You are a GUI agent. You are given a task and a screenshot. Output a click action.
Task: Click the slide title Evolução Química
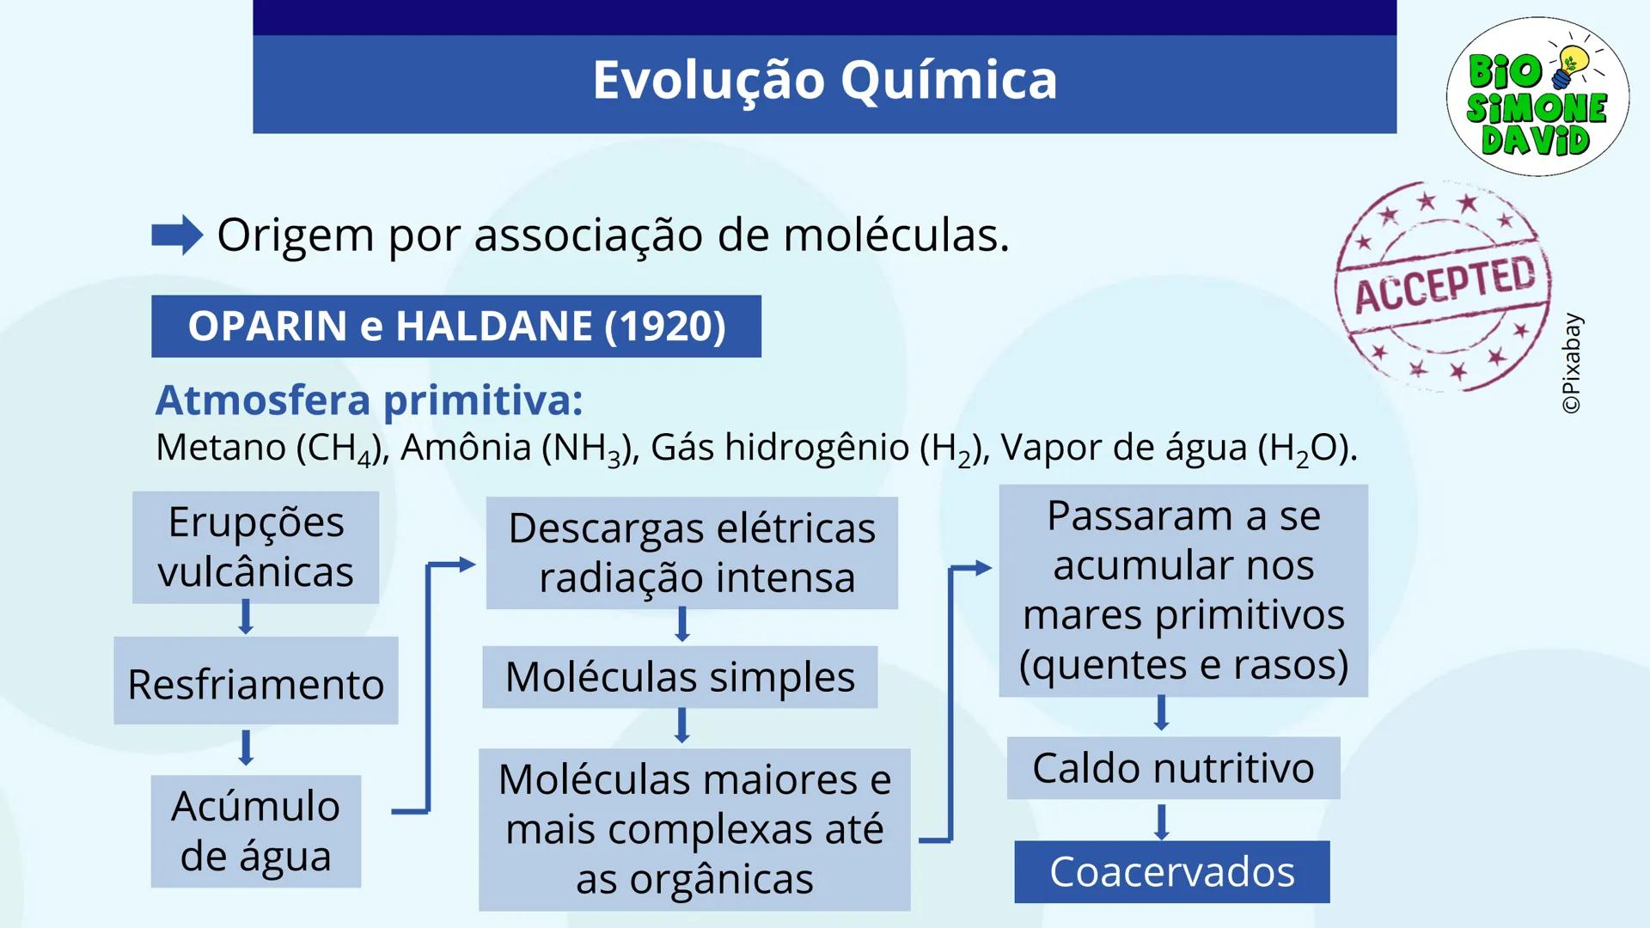tap(824, 80)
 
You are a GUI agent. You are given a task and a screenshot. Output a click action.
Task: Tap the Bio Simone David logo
tap(1537, 96)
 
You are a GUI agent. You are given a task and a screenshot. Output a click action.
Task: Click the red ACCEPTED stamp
tap(1444, 286)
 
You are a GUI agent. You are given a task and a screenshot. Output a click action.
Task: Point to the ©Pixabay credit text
tap(1572, 363)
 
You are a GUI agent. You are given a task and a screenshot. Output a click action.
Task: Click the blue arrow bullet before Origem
tap(177, 235)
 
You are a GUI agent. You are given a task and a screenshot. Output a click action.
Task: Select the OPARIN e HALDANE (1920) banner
tap(456, 327)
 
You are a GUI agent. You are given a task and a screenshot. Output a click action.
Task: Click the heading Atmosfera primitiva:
tap(369, 400)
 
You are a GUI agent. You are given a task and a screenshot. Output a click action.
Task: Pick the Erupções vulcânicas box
tap(255, 547)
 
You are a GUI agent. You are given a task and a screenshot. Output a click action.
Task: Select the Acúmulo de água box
tap(255, 831)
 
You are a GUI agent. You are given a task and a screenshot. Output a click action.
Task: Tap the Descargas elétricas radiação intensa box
tap(692, 553)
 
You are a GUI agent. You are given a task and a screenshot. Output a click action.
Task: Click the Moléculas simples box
tap(680, 677)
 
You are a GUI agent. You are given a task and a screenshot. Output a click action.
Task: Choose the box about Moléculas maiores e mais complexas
tap(694, 829)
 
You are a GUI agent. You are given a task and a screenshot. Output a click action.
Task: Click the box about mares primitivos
tap(1183, 590)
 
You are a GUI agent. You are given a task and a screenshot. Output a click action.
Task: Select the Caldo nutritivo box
tap(1173, 768)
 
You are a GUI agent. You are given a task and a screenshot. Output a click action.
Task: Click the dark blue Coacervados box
tap(1171, 872)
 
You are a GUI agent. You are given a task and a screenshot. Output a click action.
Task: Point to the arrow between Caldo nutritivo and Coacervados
tap(1161, 821)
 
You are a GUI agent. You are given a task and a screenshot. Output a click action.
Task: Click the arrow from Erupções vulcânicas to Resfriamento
tap(246, 617)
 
